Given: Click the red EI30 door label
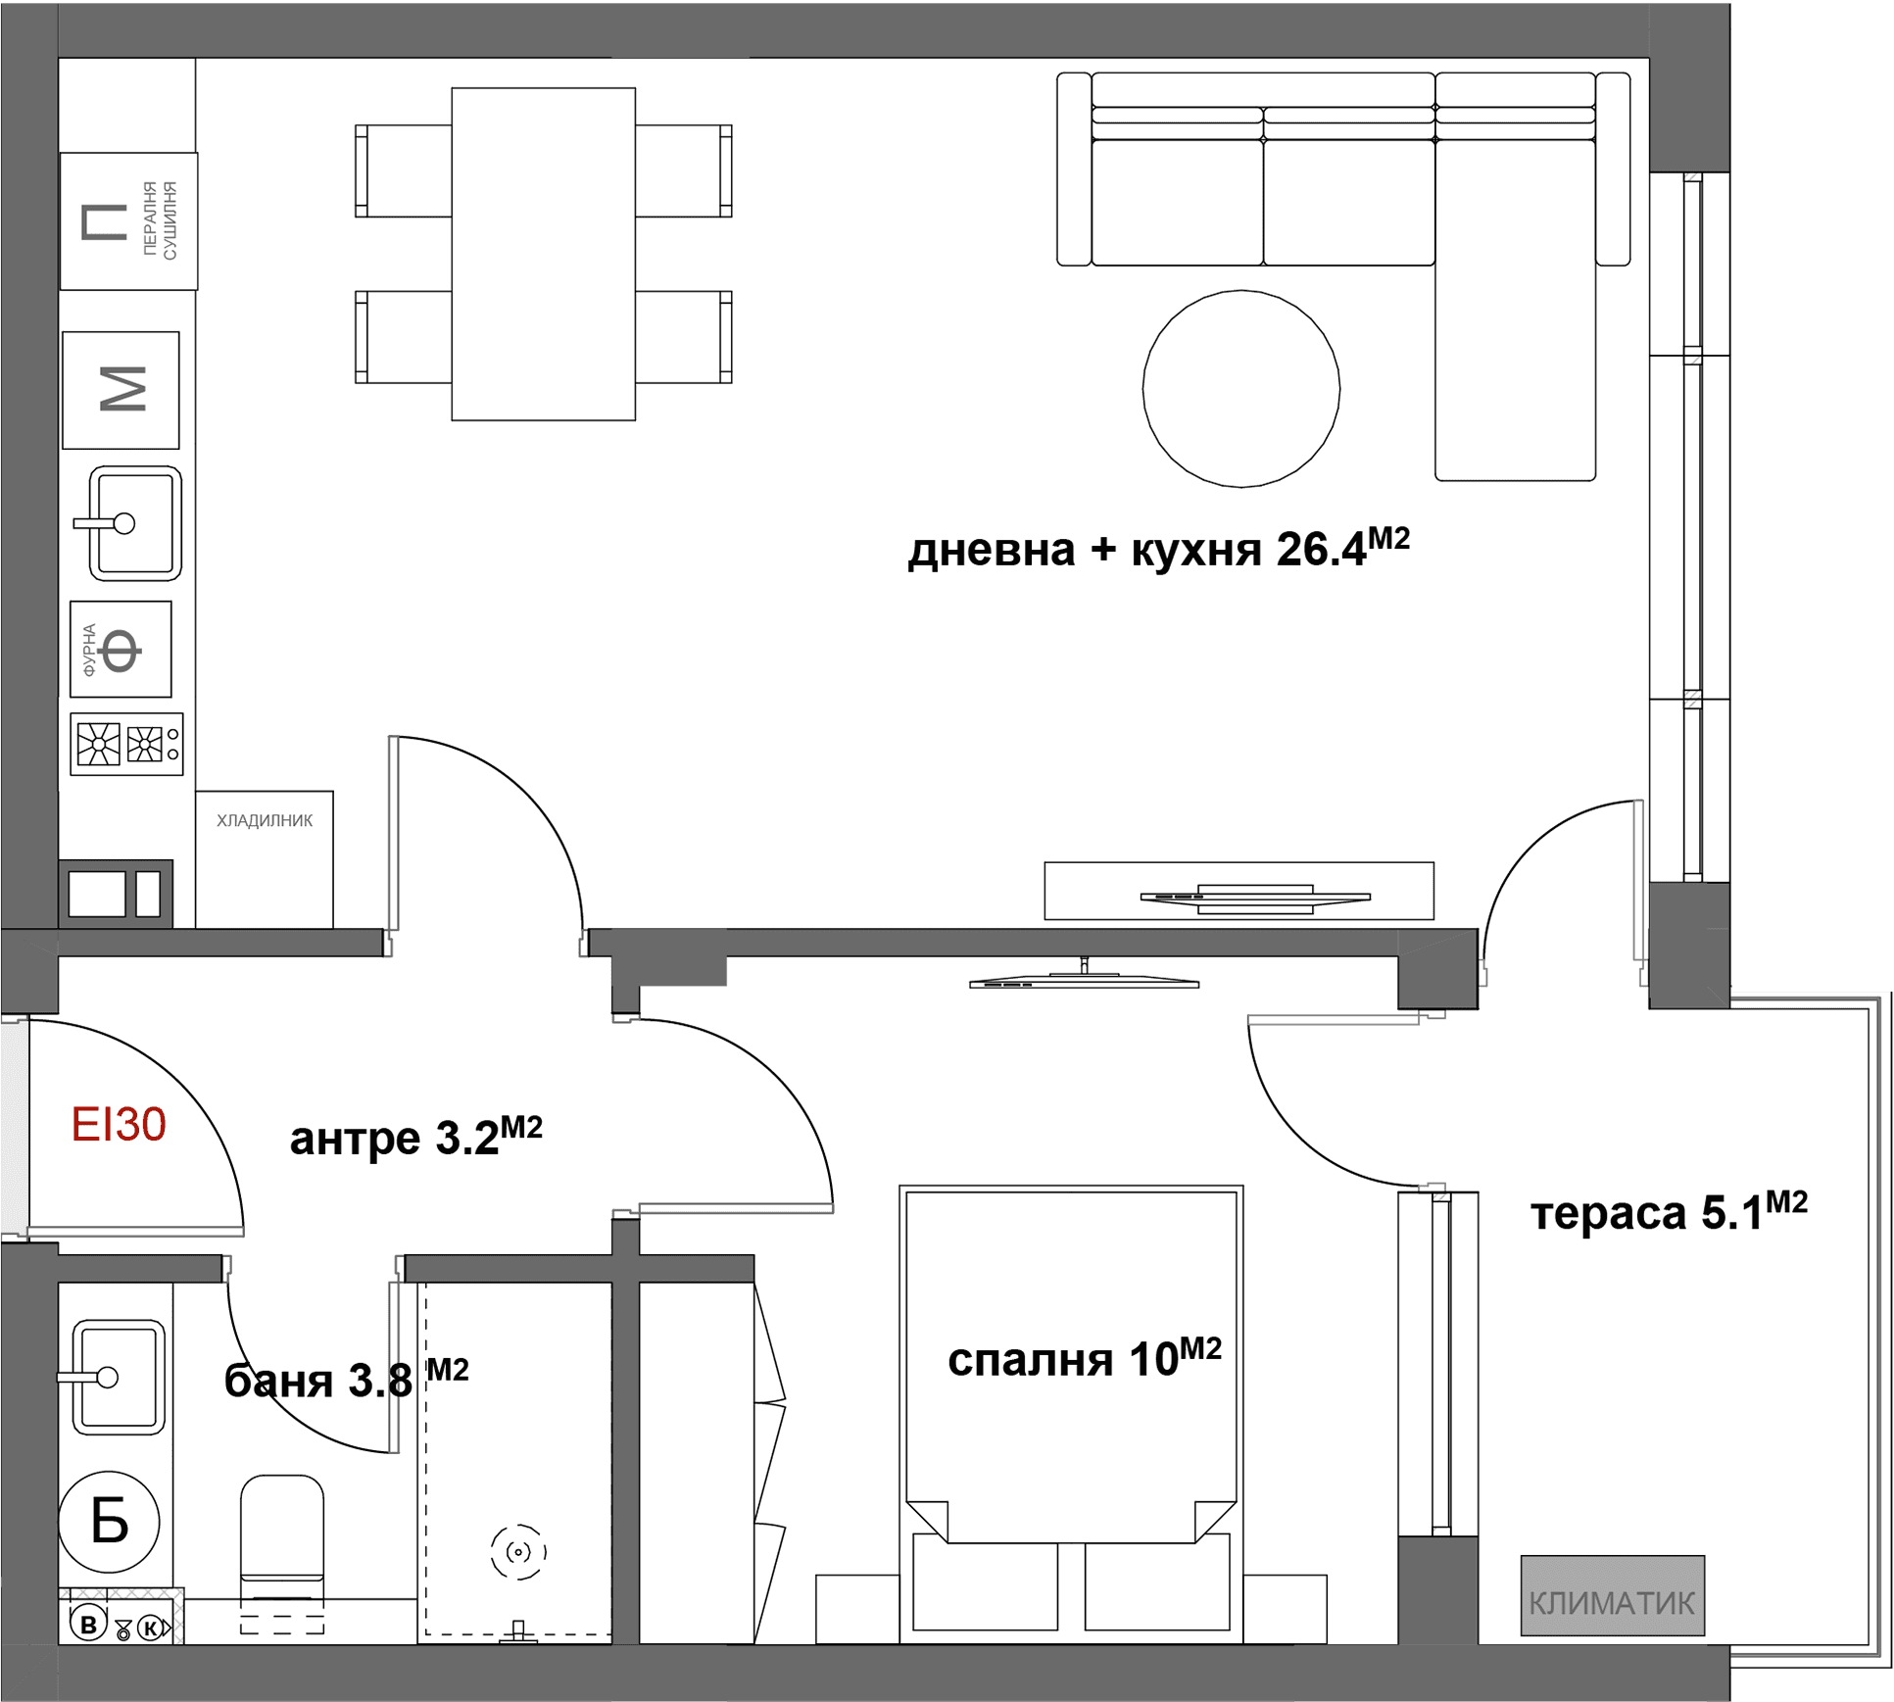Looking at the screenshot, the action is pos(119,1124).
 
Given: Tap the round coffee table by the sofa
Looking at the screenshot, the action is pos(1240,388).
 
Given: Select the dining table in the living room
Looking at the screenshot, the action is pos(543,254).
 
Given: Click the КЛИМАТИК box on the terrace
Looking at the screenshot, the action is pos(1612,1595).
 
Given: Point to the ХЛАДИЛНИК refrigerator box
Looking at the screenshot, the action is pos(265,858).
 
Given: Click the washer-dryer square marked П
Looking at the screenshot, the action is pos(128,220).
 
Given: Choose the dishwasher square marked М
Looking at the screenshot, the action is pos(121,390).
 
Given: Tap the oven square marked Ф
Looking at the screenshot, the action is pos(121,649).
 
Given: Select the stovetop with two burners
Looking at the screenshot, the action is pos(126,744).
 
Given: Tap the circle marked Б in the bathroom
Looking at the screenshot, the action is pos(109,1521).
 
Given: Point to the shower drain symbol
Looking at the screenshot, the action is pos(518,1551).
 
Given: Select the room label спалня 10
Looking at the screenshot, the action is pos(1085,1357).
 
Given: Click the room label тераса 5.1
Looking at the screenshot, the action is pos(1669,1211).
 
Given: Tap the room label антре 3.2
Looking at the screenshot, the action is pos(415,1137).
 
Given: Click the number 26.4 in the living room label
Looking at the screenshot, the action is pos(1321,550).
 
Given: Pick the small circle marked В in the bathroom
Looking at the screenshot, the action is pos(88,1625).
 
